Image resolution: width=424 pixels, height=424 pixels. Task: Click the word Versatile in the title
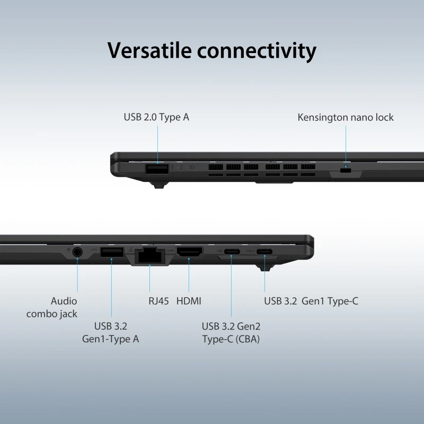click(x=149, y=50)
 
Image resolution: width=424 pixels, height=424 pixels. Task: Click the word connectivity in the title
click(x=257, y=51)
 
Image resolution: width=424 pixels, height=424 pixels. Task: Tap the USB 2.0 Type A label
click(x=156, y=117)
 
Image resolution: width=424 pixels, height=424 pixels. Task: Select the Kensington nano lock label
click(x=346, y=118)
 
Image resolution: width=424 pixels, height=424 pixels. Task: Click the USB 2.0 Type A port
click(x=157, y=169)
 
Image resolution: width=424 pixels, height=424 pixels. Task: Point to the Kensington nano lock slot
click(x=346, y=171)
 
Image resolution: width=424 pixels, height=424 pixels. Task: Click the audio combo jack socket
click(x=77, y=252)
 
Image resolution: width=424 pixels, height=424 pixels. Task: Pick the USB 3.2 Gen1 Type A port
click(x=112, y=252)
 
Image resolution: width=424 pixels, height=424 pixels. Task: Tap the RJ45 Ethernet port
click(x=150, y=255)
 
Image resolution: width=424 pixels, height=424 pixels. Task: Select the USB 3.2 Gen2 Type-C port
click(x=232, y=252)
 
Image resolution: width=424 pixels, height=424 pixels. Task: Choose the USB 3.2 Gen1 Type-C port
click(x=264, y=252)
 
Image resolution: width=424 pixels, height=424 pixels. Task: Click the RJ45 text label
click(x=158, y=301)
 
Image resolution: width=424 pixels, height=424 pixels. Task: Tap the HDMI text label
click(x=189, y=301)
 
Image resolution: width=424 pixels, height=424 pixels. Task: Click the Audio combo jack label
click(x=51, y=307)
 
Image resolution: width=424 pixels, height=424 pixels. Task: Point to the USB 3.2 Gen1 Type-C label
click(x=311, y=301)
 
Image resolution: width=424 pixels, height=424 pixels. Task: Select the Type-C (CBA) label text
click(x=231, y=339)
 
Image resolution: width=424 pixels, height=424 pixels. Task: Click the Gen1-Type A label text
click(x=110, y=339)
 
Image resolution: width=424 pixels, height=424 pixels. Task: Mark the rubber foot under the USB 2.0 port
click(x=159, y=185)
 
